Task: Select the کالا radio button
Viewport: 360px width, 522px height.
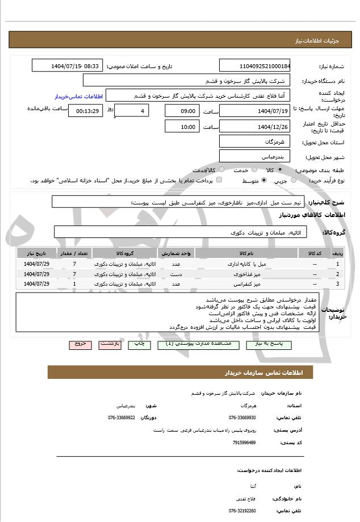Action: tap(280, 169)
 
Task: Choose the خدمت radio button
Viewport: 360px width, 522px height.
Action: tap(254, 169)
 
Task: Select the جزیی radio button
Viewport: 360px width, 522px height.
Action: tap(294, 181)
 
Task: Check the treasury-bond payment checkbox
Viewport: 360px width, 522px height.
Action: tap(219, 181)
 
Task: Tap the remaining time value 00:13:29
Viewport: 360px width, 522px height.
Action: tap(85, 111)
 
